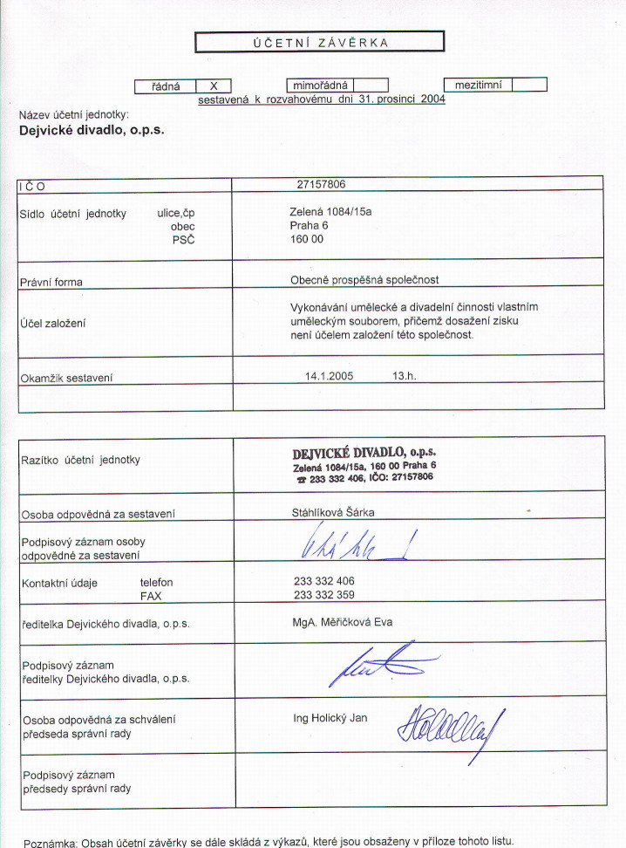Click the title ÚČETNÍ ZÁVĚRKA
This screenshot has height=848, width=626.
point(319,42)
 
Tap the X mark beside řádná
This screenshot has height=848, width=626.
point(214,86)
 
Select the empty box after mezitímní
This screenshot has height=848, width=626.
point(529,85)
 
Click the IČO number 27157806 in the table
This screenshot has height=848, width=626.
point(322,184)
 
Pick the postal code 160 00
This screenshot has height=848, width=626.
point(306,238)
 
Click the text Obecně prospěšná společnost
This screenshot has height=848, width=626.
point(364,280)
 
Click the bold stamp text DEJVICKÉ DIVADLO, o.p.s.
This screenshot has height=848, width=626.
point(364,452)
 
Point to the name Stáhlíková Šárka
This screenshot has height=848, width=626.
point(332,514)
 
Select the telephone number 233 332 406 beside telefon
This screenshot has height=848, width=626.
point(324,581)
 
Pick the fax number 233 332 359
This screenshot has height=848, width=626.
point(324,595)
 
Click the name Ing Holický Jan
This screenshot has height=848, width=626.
point(330,718)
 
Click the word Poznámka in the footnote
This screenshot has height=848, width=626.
point(50,843)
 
